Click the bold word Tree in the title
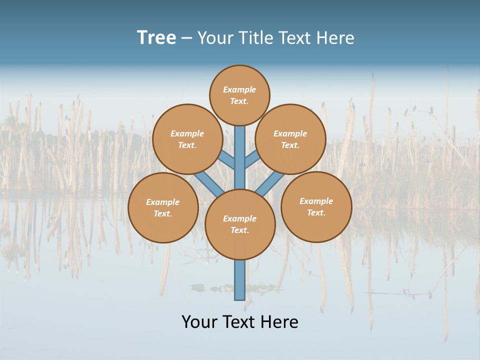coord(156,38)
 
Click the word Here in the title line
coord(337,38)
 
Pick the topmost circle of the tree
coord(239,95)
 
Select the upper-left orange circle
coord(187,139)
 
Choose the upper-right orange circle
coord(290,139)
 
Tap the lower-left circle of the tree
coord(163,207)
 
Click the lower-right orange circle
coord(316,206)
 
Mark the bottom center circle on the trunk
coord(240,224)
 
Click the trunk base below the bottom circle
coord(240,280)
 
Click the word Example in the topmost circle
coord(239,89)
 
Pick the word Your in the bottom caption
coord(199,322)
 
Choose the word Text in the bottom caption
coord(239,322)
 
